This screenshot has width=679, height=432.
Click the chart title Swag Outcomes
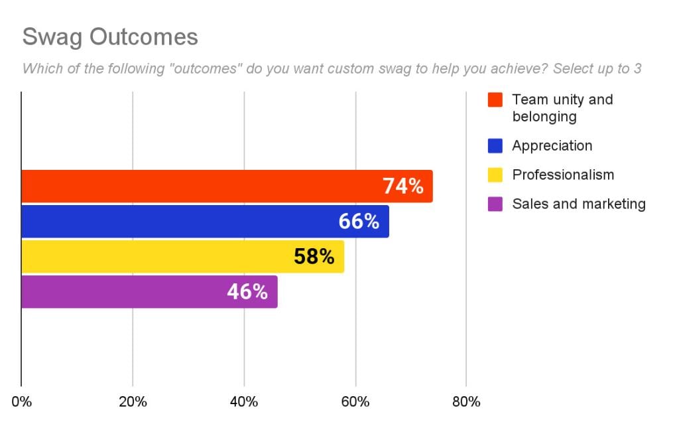(110, 37)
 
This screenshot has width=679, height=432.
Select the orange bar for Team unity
(199, 186)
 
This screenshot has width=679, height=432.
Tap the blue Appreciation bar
(179, 222)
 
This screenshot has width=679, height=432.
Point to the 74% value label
(403, 186)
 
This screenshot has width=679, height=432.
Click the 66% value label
(359, 222)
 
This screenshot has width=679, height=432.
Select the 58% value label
(314, 257)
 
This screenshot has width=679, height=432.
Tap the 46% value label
(247, 292)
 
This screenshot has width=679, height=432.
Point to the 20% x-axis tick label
(133, 402)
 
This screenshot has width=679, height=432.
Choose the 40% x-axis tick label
(244, 402)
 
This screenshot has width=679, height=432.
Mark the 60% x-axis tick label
(355, 402)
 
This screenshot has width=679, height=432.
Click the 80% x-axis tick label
(466, 402)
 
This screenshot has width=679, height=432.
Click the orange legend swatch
(495, 100)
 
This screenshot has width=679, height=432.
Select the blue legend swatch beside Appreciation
(495, 146)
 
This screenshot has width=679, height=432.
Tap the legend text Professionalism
(563, 175)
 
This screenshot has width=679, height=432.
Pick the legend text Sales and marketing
(578, 204)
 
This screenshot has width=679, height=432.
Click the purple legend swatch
(495, 204)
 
